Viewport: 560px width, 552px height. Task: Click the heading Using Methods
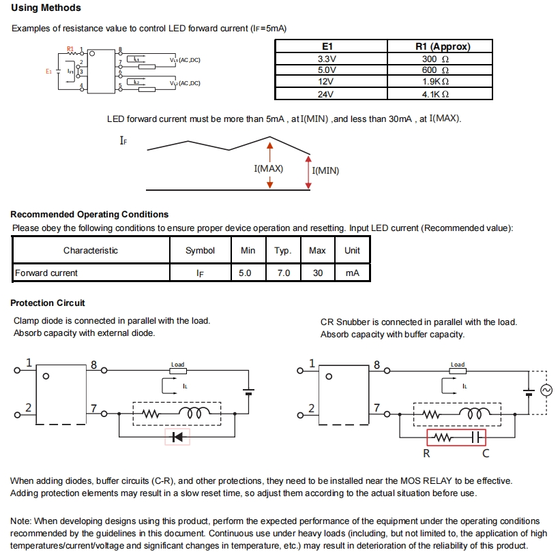point(46,8)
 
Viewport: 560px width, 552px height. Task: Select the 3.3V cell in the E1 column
point(327,59)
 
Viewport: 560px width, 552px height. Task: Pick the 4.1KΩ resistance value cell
point(435,95)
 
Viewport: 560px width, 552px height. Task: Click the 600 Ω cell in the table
point(435,70)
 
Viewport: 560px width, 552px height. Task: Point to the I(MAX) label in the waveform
point(268,168)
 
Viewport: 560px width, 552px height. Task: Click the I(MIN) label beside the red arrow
point(325,170)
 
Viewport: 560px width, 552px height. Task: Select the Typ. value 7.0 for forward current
point(283,273)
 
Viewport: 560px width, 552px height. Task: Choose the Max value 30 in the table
point(317,273)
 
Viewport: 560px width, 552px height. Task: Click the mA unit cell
point(352,273)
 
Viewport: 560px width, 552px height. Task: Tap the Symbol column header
point(200,251)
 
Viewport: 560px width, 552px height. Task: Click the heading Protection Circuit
point(48,303)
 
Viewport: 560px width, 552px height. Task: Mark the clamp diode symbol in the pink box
point(178,437)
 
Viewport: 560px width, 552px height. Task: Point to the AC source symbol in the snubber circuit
point(545,390)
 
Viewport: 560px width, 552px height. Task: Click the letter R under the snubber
point(427,454)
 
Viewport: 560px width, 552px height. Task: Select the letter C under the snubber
point(486,454)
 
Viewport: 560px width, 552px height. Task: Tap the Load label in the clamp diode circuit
point(178,365)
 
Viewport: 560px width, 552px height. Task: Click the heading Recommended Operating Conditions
point(89,215)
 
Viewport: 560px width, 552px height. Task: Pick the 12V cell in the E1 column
point(327,82)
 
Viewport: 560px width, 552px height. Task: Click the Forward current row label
point(46,273)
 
